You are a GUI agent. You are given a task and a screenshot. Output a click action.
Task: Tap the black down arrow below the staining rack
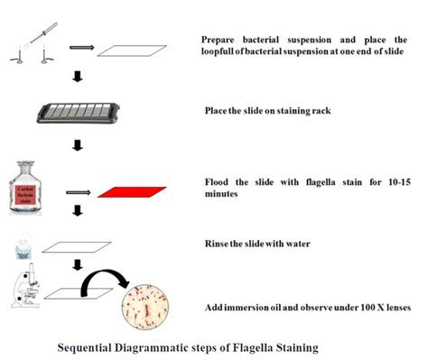(x=78, y=144)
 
